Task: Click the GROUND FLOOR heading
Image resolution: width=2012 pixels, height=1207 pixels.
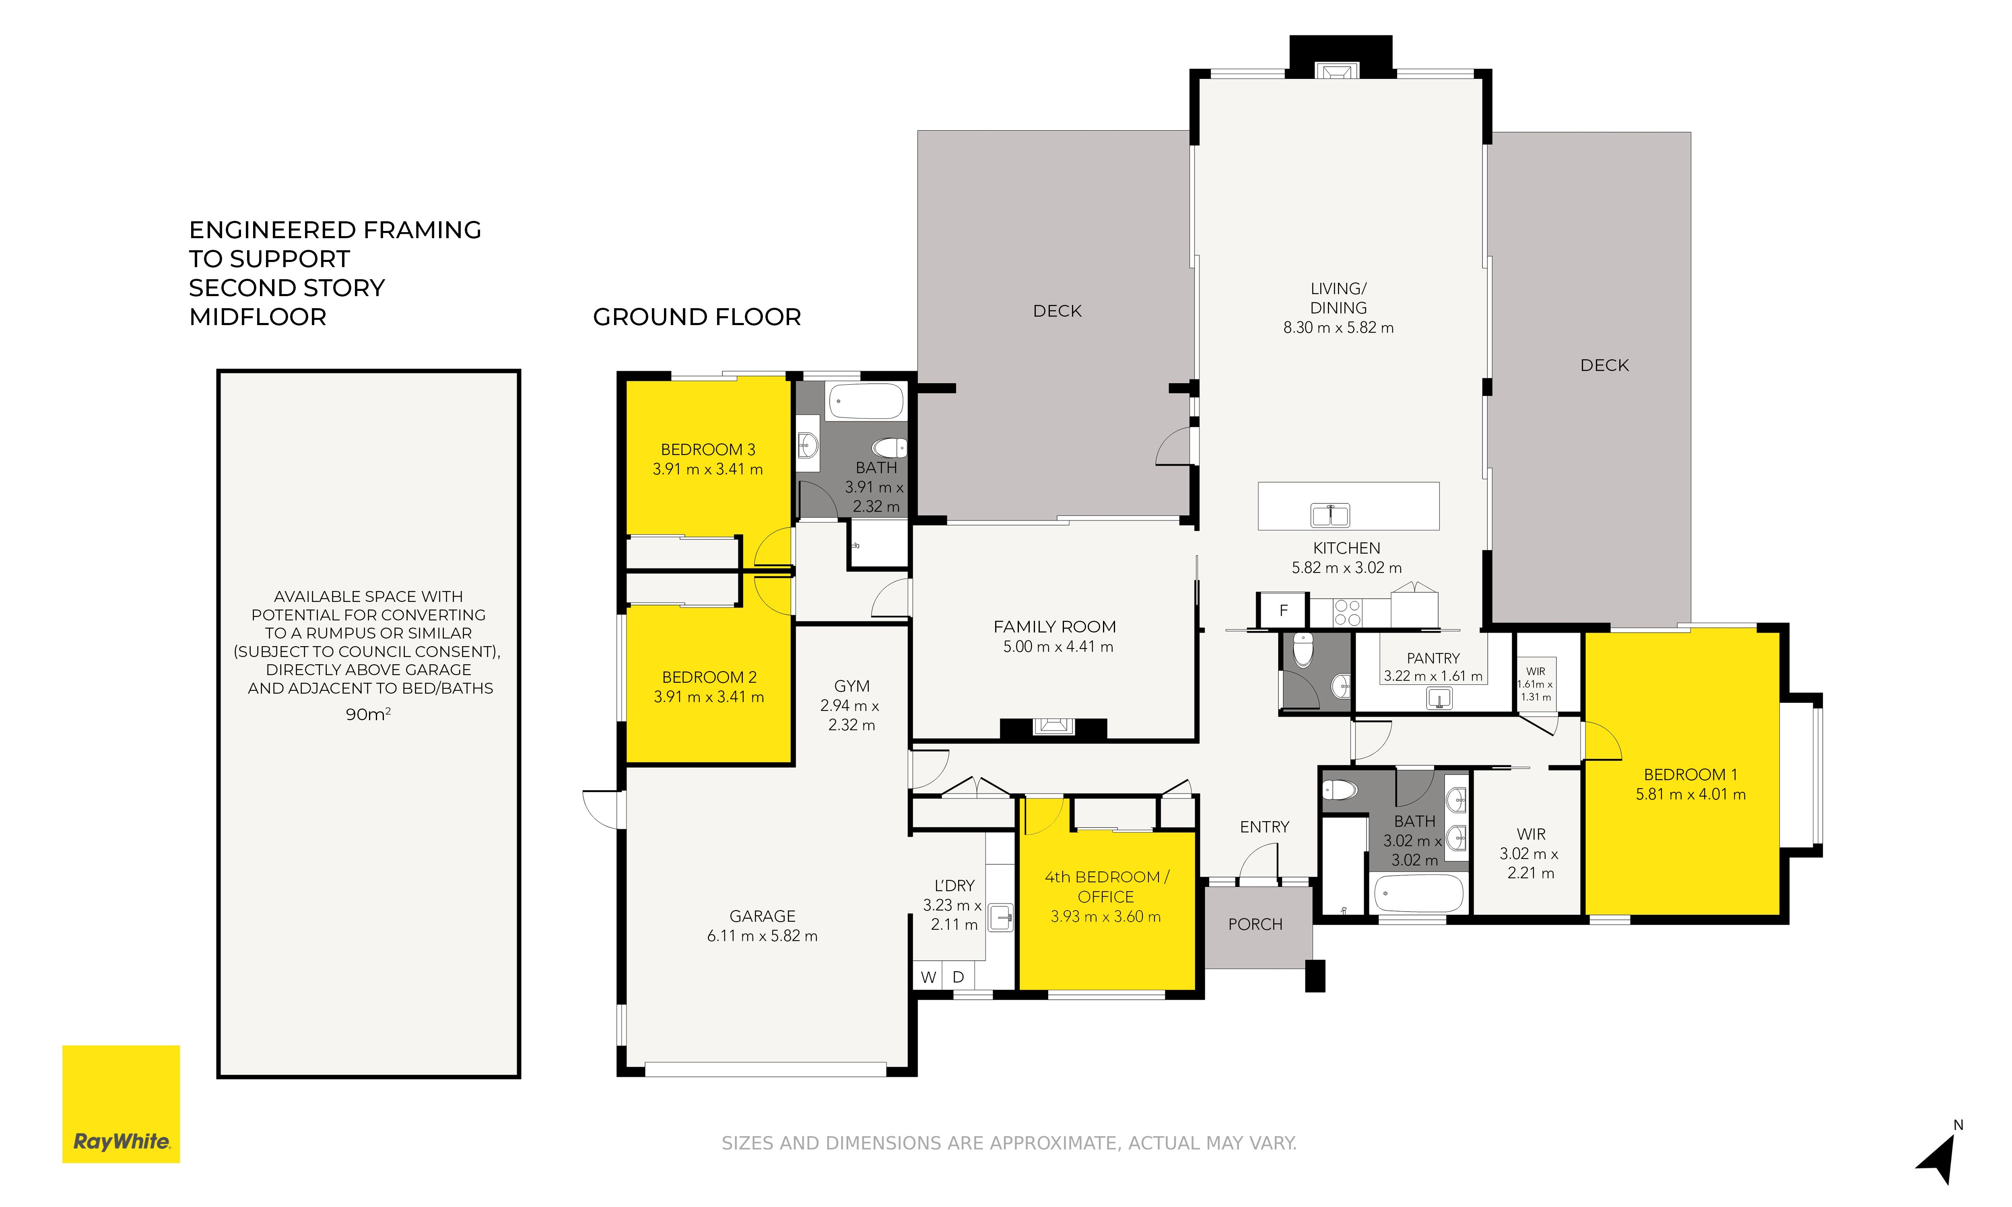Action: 697,317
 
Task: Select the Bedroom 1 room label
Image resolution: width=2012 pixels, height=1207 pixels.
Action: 1691,775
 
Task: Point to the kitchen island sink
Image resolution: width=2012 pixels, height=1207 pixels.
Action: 1330,515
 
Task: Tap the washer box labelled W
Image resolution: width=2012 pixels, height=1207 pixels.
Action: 928,977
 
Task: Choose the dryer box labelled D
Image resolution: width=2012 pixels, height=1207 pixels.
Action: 958,977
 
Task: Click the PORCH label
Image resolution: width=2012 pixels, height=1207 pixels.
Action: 1255,925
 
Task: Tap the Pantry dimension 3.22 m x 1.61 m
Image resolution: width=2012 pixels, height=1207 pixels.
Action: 1433,676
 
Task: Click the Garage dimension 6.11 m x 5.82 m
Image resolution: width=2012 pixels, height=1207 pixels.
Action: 762,936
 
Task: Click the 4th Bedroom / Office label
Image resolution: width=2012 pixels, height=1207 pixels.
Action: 1106,887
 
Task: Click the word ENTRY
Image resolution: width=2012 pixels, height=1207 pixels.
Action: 1265,827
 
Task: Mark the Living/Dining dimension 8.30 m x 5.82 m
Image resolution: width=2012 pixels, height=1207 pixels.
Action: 1339,328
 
